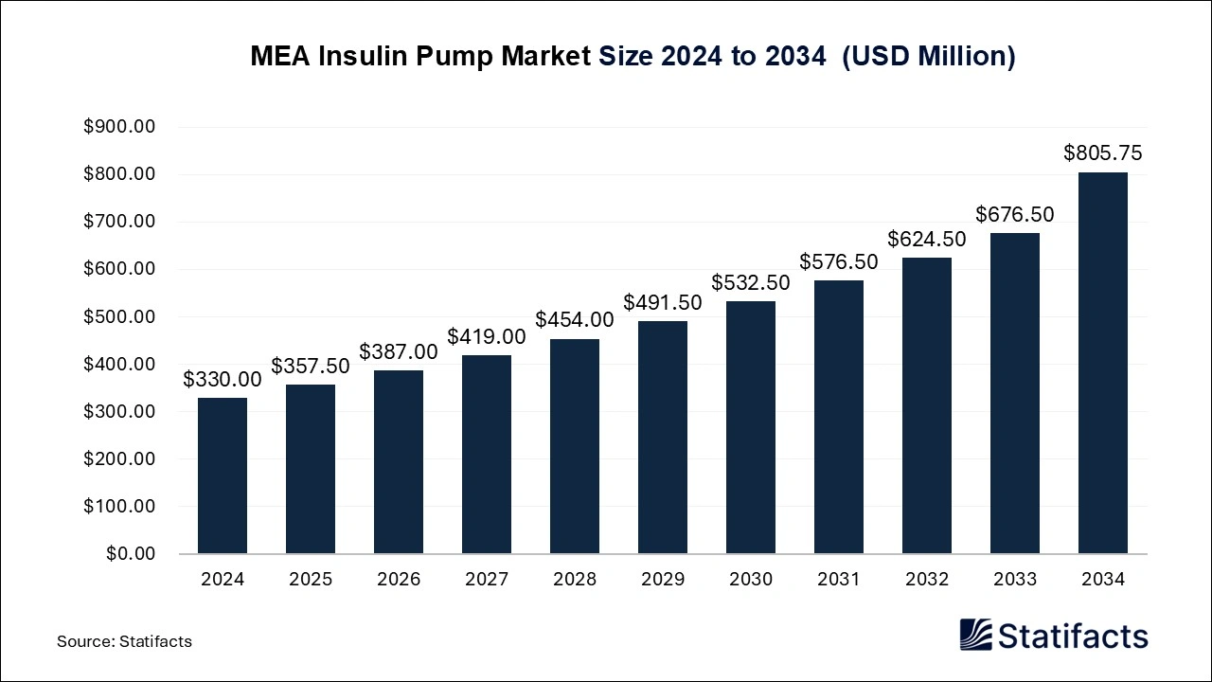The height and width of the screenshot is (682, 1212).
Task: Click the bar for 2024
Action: pos(223,476)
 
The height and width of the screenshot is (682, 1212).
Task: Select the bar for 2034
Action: pos(1103,363)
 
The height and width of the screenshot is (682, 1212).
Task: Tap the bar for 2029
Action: pos(663,437)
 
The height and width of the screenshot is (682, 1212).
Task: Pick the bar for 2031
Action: pos(839,417)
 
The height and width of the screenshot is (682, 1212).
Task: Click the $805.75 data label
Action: pos(1103,153)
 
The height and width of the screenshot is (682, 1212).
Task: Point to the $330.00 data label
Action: pos(223,379)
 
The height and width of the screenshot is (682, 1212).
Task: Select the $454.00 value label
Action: pos(575,320)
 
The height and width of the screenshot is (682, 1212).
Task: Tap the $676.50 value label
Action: pos(1015,214)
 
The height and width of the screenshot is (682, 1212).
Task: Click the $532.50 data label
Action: pos(751,282)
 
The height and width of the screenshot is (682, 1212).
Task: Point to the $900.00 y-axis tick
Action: pos(119,127)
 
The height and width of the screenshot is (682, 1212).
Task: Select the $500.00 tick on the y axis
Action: pos(119,316)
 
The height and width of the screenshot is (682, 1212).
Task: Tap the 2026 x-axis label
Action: pos(399,579)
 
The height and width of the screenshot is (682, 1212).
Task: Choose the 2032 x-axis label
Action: pos(927,579)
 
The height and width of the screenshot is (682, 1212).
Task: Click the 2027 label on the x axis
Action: pos(487,579)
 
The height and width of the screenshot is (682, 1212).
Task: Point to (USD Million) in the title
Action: pos(928,57)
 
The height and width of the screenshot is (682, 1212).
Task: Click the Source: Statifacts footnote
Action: pos(124,641)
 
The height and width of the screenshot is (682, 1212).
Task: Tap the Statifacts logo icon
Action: pos(976,635)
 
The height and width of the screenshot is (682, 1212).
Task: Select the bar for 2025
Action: pos(311,469)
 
